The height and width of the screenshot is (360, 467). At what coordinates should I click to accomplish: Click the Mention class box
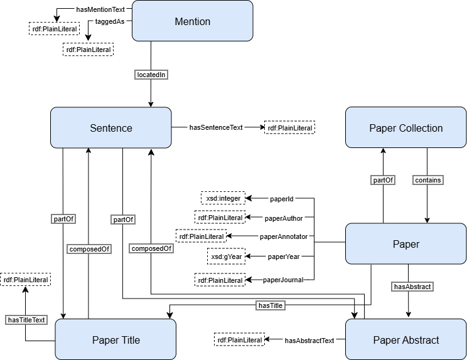tap(192, 22)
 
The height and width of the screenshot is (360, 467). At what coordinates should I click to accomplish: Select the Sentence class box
tap(111, 128)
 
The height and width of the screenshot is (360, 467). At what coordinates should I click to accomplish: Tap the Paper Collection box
tap(405, 128)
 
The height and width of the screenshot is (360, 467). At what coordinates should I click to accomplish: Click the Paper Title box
tap(115, 340)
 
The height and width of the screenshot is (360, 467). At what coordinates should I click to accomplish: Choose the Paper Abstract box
tap(405, 340)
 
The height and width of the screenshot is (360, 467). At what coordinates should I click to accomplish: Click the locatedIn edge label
tap(151, 75)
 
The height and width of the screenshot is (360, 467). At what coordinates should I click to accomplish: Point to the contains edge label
tap(427, 180)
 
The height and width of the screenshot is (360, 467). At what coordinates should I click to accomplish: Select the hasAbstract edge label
tap(409, 287)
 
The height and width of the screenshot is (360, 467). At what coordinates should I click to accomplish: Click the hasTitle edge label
tap(271, 305)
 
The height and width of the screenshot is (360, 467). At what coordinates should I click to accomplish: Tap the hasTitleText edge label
tap(26, 320)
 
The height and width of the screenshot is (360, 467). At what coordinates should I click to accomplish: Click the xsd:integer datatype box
tap(223, 199)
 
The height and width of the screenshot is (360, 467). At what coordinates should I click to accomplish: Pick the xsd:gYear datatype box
tap(227, 257)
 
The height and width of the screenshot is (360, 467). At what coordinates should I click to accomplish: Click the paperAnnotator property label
tap(284, 236)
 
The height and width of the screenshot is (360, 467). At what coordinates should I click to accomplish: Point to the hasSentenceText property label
tap(216, 127)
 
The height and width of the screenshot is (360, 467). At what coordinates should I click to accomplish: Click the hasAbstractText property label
tap(309, 341)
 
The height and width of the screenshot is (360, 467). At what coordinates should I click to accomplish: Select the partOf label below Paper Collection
tap(384, 180)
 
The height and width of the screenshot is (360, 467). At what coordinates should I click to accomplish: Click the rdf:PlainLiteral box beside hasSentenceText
tap(289, 127)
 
